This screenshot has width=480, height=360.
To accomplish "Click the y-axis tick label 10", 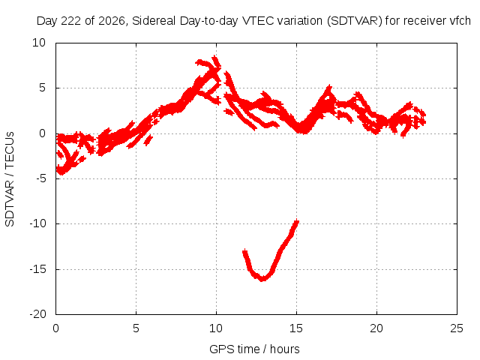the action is pos(39,43).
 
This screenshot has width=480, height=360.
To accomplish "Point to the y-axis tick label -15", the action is pos(37,270).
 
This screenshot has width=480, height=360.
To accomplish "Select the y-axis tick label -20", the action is pos(37,314).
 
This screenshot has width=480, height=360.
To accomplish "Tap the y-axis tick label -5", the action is pos(40,178).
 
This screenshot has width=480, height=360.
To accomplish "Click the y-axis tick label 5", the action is pos(42,88).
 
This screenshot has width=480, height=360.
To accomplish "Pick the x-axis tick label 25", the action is pos(457,328).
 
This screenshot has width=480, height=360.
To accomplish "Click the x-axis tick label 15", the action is pos(296,328).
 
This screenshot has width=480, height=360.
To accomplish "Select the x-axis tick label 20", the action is pos(376,328).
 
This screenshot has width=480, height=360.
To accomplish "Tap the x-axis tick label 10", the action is pos(216,328).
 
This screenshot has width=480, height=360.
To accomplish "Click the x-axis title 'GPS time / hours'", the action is pos(254,349).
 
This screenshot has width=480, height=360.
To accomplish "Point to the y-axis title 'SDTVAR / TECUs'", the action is pos(10,179).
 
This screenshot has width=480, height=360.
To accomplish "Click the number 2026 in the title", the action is pos(112,21).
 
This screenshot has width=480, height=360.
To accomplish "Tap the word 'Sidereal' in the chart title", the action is pos(154,21).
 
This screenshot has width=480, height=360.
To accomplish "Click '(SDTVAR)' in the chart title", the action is pos(355,21).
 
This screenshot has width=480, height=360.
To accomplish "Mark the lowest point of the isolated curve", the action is pos(262,279).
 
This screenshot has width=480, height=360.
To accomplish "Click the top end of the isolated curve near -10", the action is pos(297,221).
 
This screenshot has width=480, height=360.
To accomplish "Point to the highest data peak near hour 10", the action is pos(214,57).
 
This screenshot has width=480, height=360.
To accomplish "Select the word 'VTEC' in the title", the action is pos(258,21).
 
